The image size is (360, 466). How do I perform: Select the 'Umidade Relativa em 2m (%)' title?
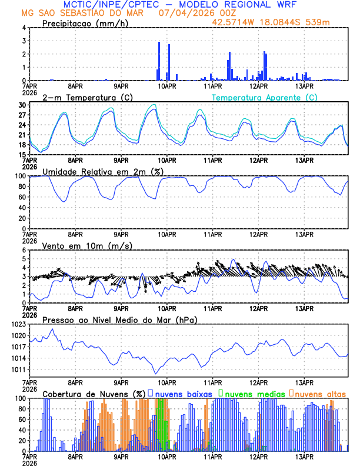tap(103, 171)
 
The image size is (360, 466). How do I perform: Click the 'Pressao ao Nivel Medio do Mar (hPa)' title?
tap(119, 319)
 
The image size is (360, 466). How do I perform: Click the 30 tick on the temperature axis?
tap(22, 105)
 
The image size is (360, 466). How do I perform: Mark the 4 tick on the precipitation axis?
tap(24, 28)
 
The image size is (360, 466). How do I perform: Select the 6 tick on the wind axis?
tap(24, 250)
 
